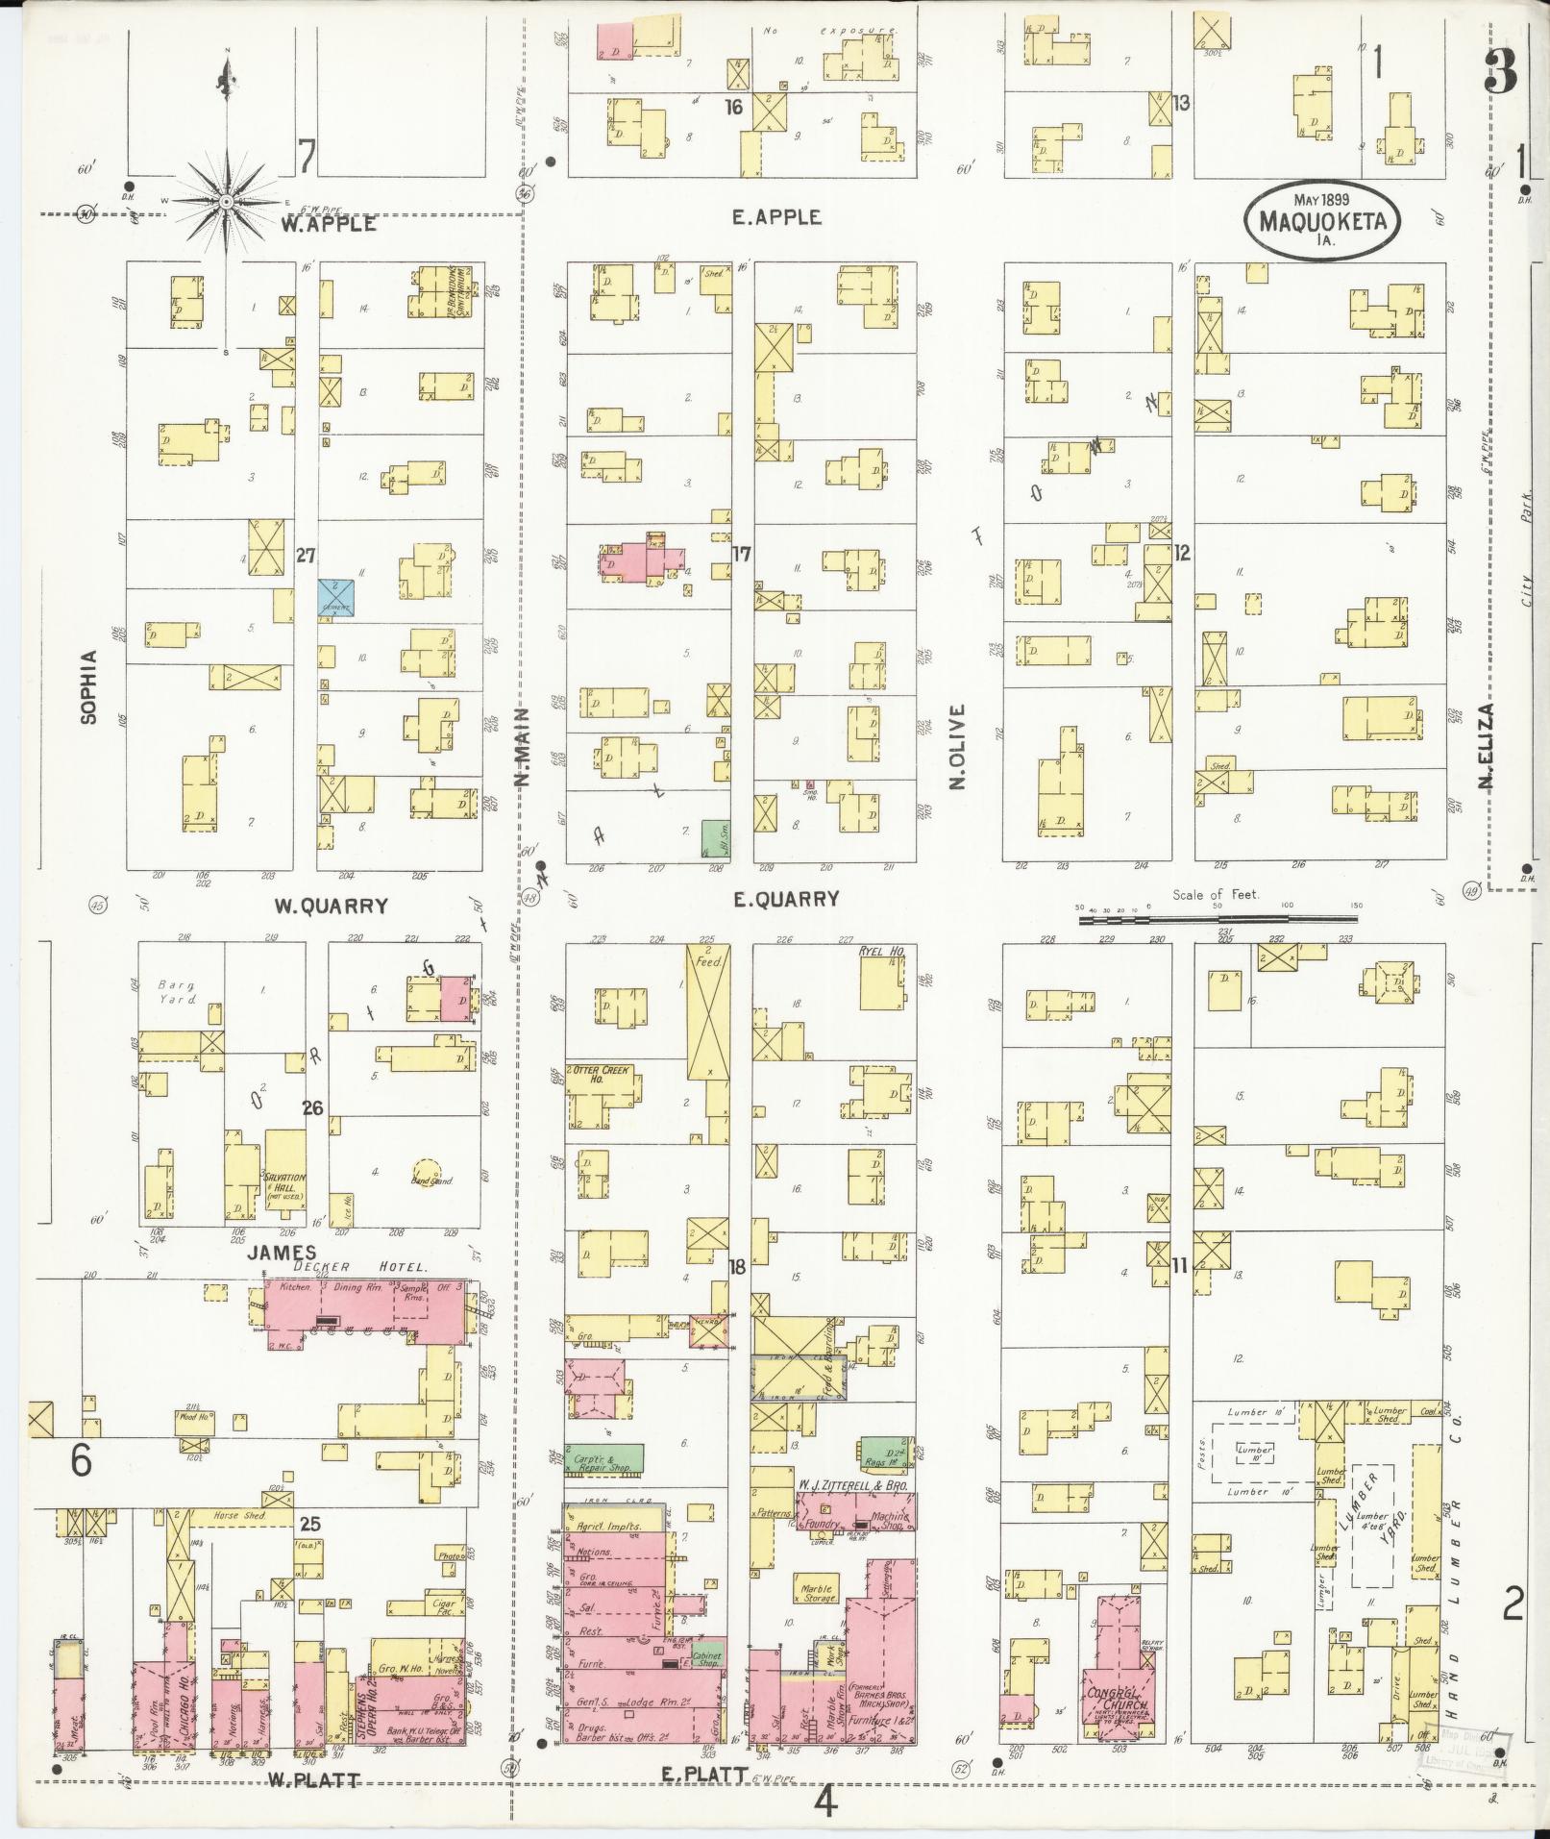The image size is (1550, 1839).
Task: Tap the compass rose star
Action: pos(227,201)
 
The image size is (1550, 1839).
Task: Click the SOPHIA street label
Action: pos(89,686)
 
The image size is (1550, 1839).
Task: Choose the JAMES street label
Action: pos(281,1252)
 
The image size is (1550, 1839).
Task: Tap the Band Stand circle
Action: pos(429,1170)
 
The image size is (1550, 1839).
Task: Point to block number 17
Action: pos(740,554)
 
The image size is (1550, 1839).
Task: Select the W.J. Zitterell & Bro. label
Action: pos(851,1512)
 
